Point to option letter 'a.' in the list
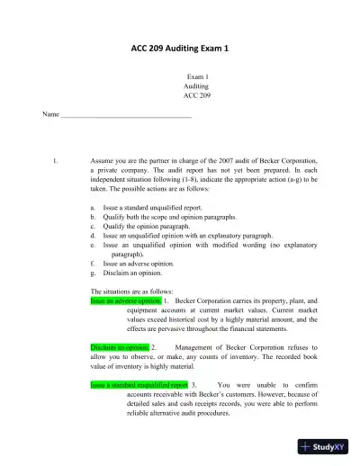pyautogui.click(x=94, y=207)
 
